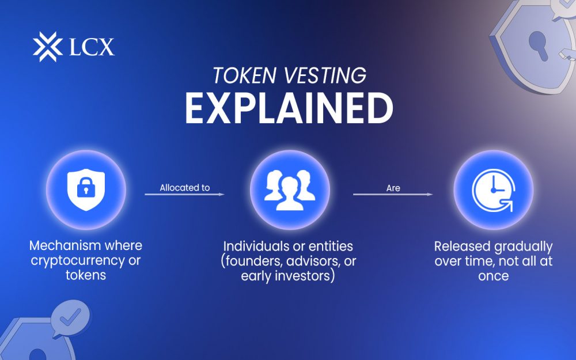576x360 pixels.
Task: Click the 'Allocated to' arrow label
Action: click(184, 188)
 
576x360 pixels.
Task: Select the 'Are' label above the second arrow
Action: click(393, 188)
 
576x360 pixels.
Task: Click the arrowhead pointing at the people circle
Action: click(222, 195)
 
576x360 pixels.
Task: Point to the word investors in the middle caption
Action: click(308, 275)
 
